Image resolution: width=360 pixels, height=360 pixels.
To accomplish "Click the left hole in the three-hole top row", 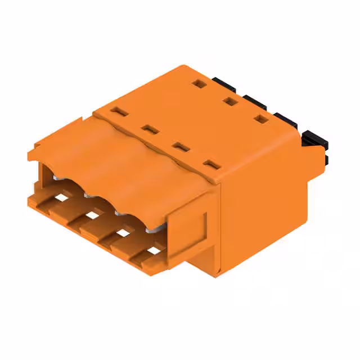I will click(196, 84).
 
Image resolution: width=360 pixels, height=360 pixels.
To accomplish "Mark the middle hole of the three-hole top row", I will click(228, 101).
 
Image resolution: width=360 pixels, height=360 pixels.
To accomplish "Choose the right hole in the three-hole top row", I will click(259, 119).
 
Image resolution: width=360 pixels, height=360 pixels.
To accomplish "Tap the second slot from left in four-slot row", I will click(148, 129).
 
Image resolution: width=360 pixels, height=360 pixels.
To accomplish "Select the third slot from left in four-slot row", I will click(180, 147).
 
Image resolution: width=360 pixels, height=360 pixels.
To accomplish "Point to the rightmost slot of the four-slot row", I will click(211, 165).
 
